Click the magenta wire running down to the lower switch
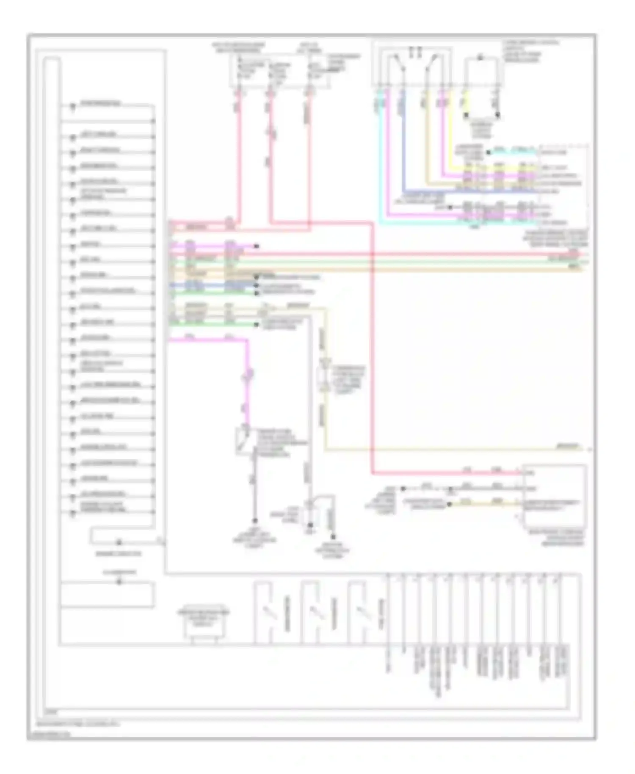tap(247, 381)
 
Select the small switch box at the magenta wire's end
tap(244, 440)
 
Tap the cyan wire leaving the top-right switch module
tap(380, 161)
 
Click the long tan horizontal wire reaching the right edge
tap(423, 269)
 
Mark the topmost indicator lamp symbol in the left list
tap(72, 106)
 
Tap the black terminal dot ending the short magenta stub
tap(257, 246)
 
